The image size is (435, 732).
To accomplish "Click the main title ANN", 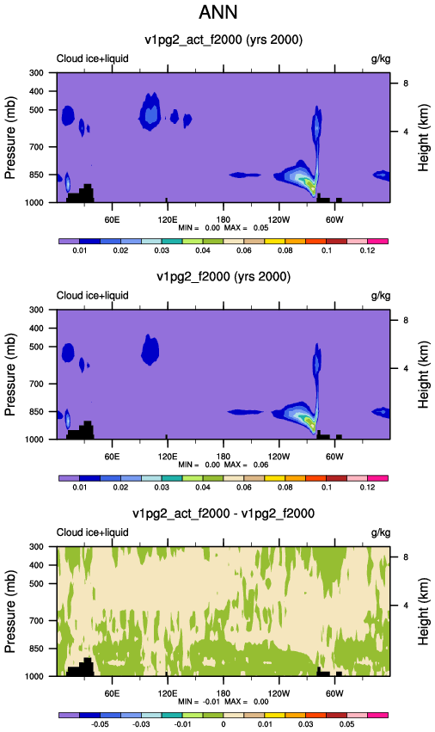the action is click(x=218, y=12).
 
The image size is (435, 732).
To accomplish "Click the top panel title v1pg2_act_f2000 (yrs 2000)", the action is click(x=224, y=40).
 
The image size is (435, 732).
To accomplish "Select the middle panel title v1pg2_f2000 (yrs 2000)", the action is click(x=224, y=277).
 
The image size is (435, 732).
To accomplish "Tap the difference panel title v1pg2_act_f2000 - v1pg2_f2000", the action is click(x=224, y=514).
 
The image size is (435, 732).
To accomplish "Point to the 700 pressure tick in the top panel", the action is click(x=37, y=147).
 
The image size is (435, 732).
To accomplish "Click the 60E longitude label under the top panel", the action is click(x=112, y=220).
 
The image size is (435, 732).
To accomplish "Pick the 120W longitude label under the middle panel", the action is click(x=279, y=457).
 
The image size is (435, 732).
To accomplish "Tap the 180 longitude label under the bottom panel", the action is click(x=224, y=693).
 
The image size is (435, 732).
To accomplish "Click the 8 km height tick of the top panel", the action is click(x=406, y=83).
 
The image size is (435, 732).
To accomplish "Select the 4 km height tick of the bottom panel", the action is click(x=406, y=606).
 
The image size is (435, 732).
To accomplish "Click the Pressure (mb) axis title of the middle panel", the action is click(x=10, y=374).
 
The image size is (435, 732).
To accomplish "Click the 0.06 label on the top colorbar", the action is click(x=243, y=250).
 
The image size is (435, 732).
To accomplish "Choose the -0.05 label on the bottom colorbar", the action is click(x=100, y=724).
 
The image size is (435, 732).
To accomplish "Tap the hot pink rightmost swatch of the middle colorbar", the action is click(x=377, y=478).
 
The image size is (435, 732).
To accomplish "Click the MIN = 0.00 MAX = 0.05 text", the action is click(x=224, y=228).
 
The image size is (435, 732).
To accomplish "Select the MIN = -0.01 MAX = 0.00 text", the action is click(x=224, y=702).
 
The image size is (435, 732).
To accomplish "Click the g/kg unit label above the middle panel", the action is click(x=381, y=296).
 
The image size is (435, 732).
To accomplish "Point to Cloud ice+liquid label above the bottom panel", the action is click(x=92, y=532).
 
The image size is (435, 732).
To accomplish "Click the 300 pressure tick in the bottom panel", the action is click(x=37, y=547).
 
